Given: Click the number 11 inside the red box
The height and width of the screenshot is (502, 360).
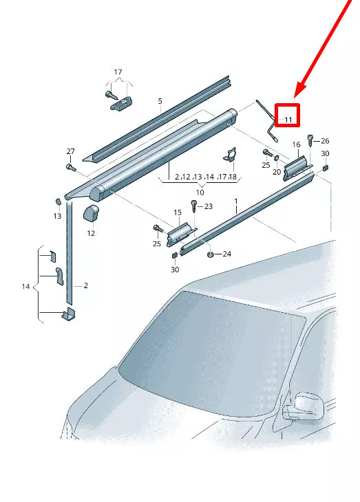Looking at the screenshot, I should pyautogui.click(x=288, y=119).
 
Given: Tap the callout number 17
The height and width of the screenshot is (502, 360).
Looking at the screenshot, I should pyautogui.click(x=118, y=72).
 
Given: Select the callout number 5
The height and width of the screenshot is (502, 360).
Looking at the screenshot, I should pyautogui.click(x=160, y=101).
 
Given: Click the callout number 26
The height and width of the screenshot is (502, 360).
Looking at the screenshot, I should pyautogui.click(x=325, y=141).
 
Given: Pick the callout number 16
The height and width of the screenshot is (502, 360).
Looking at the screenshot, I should pyautogui.click(x=296, y=145).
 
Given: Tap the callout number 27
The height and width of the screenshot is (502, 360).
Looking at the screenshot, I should pyautogui.click(x=70, y=151).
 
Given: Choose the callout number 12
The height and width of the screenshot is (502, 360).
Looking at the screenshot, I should pyautogui.click(x=91, y=233).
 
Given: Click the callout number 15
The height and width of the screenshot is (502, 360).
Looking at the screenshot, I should pyautogui.click(x=177, y=212).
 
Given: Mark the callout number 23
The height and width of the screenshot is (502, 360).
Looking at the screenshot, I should pyautogui.click(x=209, y=206).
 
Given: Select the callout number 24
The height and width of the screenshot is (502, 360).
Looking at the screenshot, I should pyautogui.click(x=226, y=254).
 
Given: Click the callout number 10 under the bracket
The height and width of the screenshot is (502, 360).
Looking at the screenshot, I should pyautogui.click(x=200, y=192).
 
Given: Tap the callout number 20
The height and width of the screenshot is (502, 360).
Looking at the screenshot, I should pyautogui.click(x=277, y=172).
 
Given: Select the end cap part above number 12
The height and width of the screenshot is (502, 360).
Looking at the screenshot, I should pyautogui.click(x=91, y=212).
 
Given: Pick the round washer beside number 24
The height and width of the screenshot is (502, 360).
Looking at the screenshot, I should pyautogui.click(x=209, y=254).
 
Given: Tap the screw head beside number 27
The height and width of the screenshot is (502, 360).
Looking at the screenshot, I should pyautogui.click(x=70, y=166).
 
